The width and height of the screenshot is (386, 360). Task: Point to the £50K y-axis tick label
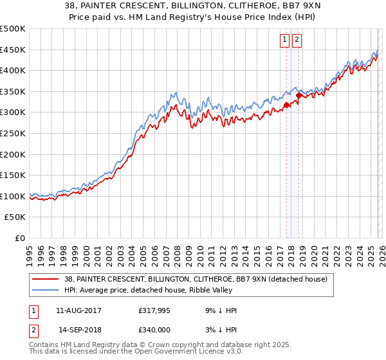click(x=15, y=217)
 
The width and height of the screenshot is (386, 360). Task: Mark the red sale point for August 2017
click(x=286, y=105)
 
